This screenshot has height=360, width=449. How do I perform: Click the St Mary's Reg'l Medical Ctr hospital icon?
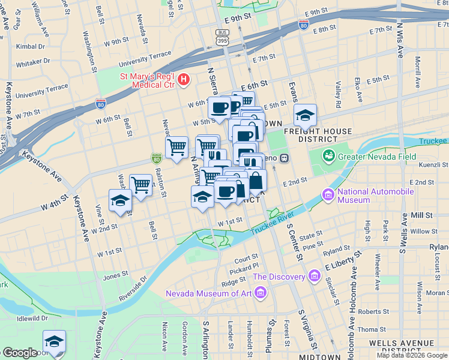coord(184,79)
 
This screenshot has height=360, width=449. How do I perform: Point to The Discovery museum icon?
coord(314,276)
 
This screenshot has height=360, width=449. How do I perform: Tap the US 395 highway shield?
coord(222,37)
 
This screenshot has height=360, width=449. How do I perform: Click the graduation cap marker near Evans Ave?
coord(305,115)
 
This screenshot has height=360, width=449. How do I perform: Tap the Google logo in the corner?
coord(19,353)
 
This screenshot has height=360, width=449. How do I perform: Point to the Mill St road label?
coord(423,215)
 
